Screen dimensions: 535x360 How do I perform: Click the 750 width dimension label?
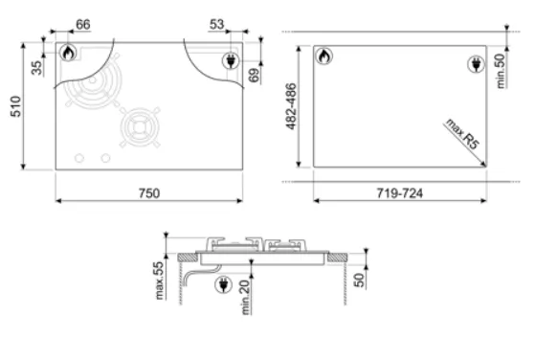[149, 193]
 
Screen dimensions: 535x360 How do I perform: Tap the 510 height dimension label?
[16, 106]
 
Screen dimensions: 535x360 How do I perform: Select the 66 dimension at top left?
[83, 25]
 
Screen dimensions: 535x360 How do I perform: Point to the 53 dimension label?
[216, 24]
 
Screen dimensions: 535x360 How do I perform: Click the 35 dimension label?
[37, 68]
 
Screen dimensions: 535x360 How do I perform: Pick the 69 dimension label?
[254, 75]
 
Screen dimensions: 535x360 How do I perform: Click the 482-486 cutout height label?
[291, 106]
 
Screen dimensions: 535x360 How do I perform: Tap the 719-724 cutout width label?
[399, 193]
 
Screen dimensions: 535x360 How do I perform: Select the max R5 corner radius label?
[462, 133]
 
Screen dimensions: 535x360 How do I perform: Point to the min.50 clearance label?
[501, 71]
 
